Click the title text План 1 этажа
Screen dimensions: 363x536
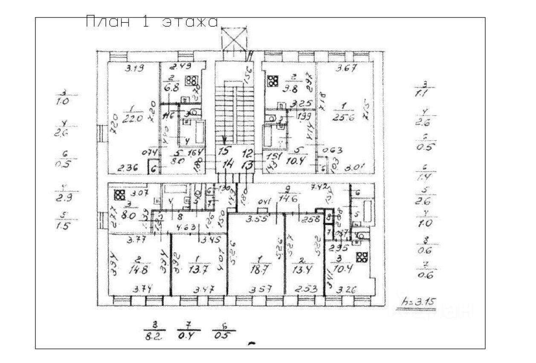point(152,22)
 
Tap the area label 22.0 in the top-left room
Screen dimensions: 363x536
point(132,120)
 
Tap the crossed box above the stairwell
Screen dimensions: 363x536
point(234,40)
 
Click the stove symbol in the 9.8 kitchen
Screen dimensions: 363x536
point(272,81)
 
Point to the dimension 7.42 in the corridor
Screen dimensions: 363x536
point(319,187)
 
